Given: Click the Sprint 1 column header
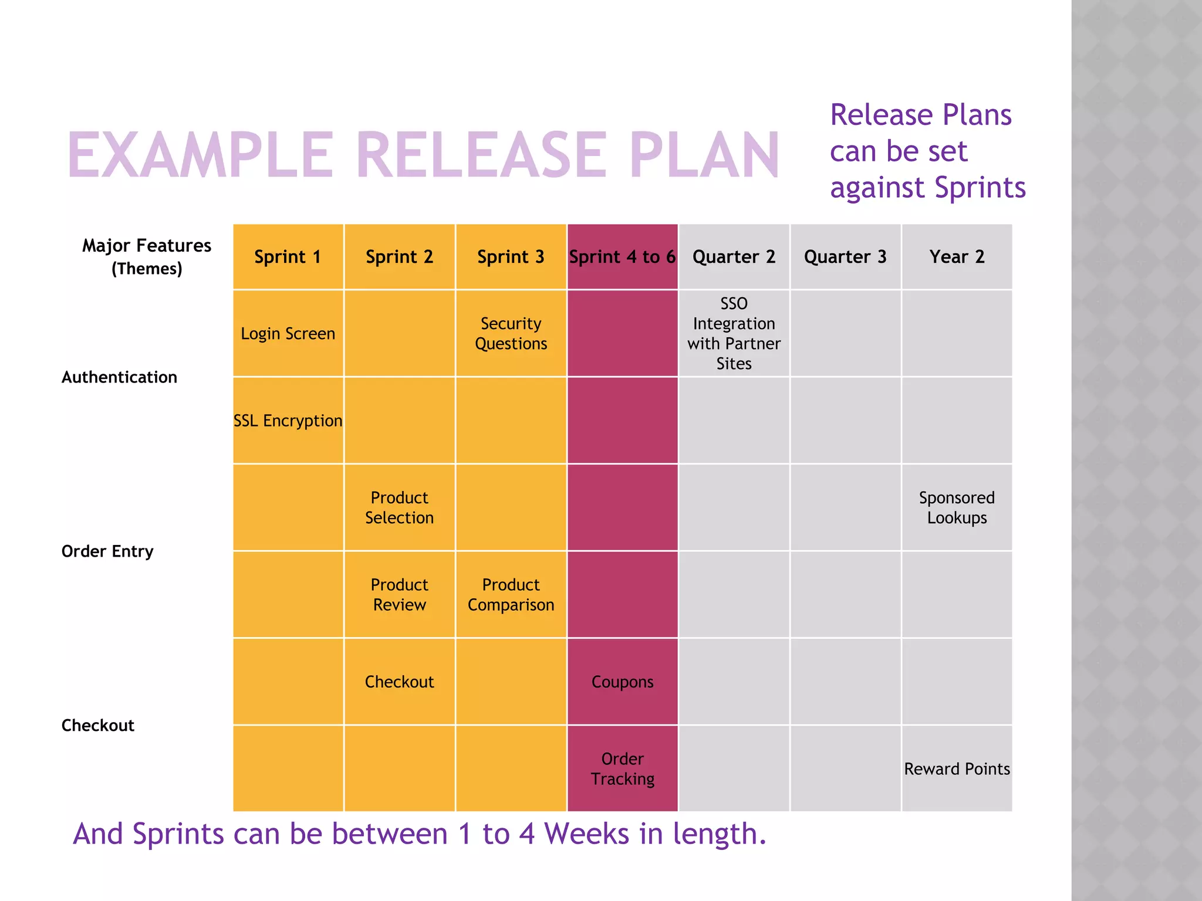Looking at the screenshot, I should [x=288, y=257].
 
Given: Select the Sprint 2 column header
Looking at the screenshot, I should [x=399, y=257].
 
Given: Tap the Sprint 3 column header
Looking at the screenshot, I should [x=511, y=257].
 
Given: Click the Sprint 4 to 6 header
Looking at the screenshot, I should [x=622, y=257].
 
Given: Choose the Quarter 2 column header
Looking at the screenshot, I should [x=734, y=257].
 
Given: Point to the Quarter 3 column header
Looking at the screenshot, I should [x=845, y=257].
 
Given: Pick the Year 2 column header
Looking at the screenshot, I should [x=957, y=257].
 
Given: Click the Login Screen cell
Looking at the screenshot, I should [x=288, y=333].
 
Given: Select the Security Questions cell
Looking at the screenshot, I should [x=511, y=333].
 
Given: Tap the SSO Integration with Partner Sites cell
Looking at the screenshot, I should [x=734, y=333].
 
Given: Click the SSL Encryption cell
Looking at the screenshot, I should [x=288, y=421].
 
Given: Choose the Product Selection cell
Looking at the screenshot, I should [x=399, y=507].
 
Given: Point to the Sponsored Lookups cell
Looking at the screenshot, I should [x=957, y=507].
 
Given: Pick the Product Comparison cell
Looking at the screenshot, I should [x=511, y=594].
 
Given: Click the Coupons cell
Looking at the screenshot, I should [x=622, y=682].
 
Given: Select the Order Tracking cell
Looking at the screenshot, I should [x=622, y=768].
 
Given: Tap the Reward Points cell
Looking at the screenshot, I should [x=957, y=768].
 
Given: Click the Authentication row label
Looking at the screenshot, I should [x=119, y=377].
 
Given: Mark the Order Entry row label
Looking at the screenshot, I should [x=107, y=551].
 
